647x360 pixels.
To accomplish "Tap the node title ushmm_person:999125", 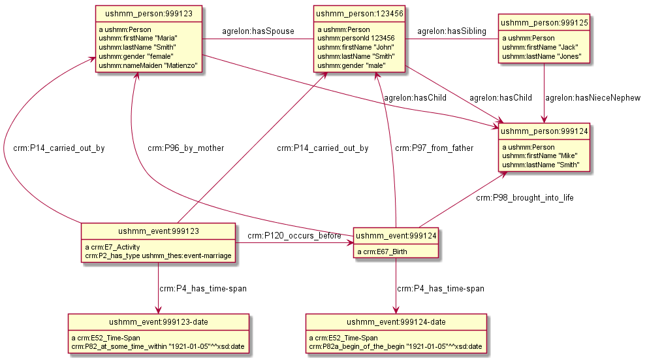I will tap(544, 22).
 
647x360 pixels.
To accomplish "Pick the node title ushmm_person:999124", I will tap(544, 131).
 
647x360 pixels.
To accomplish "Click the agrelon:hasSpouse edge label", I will tap(258, 31).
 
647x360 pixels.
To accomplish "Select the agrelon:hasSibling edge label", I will tap(450, 31).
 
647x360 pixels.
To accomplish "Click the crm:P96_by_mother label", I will tap(185, 148).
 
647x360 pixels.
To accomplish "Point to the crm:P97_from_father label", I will tap(434, 148).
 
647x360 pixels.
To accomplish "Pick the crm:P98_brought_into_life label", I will tap(524, 197).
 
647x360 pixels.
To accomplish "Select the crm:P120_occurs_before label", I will tap(294, 235).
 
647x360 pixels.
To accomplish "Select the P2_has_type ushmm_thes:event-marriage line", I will tap(158, 256).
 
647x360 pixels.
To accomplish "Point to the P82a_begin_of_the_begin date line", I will tap(396, 346).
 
